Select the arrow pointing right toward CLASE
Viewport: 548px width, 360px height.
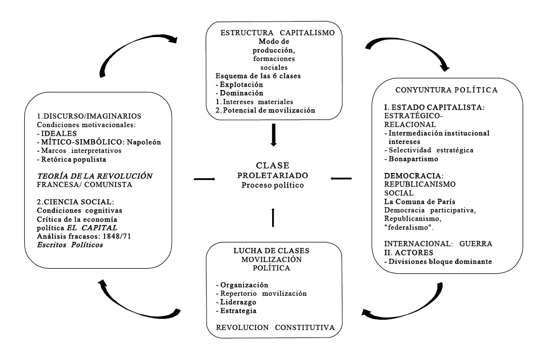tap(205, 179)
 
